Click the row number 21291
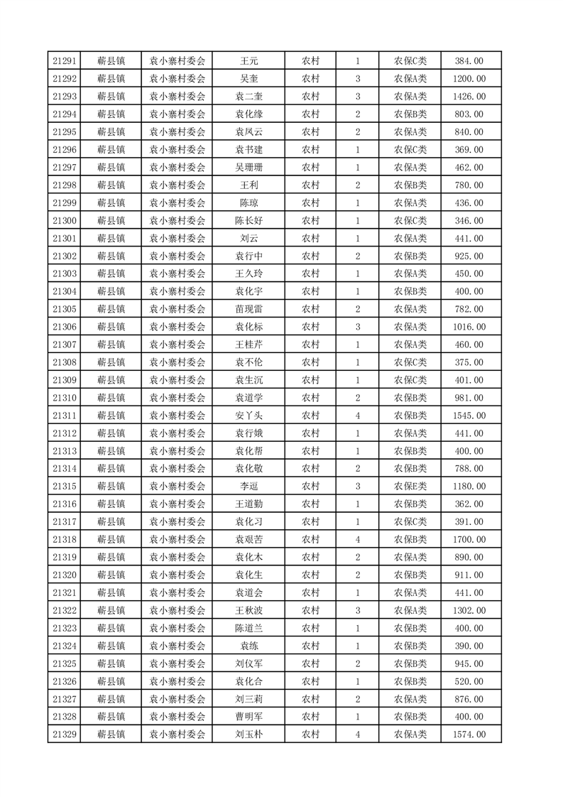[x=65, y=61]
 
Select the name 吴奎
[x=248, y=79]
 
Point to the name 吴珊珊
[x=248, y=168]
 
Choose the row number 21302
[x=65, y=256]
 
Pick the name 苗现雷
[x=248, y=309]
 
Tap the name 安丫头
[x=248, y=416]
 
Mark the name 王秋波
[x=248, y=610]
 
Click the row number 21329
[x=65, y=734]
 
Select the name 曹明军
[x=248, y=717]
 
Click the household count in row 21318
[x=357, y=540]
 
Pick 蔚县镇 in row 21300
[x=111, y=221]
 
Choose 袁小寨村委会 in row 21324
[x=177, y=646]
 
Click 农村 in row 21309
[x=310, y=380]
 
